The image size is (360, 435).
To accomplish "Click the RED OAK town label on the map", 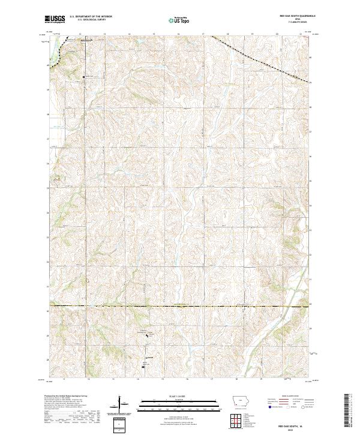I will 88,41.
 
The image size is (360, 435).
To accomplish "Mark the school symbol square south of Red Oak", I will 84,77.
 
